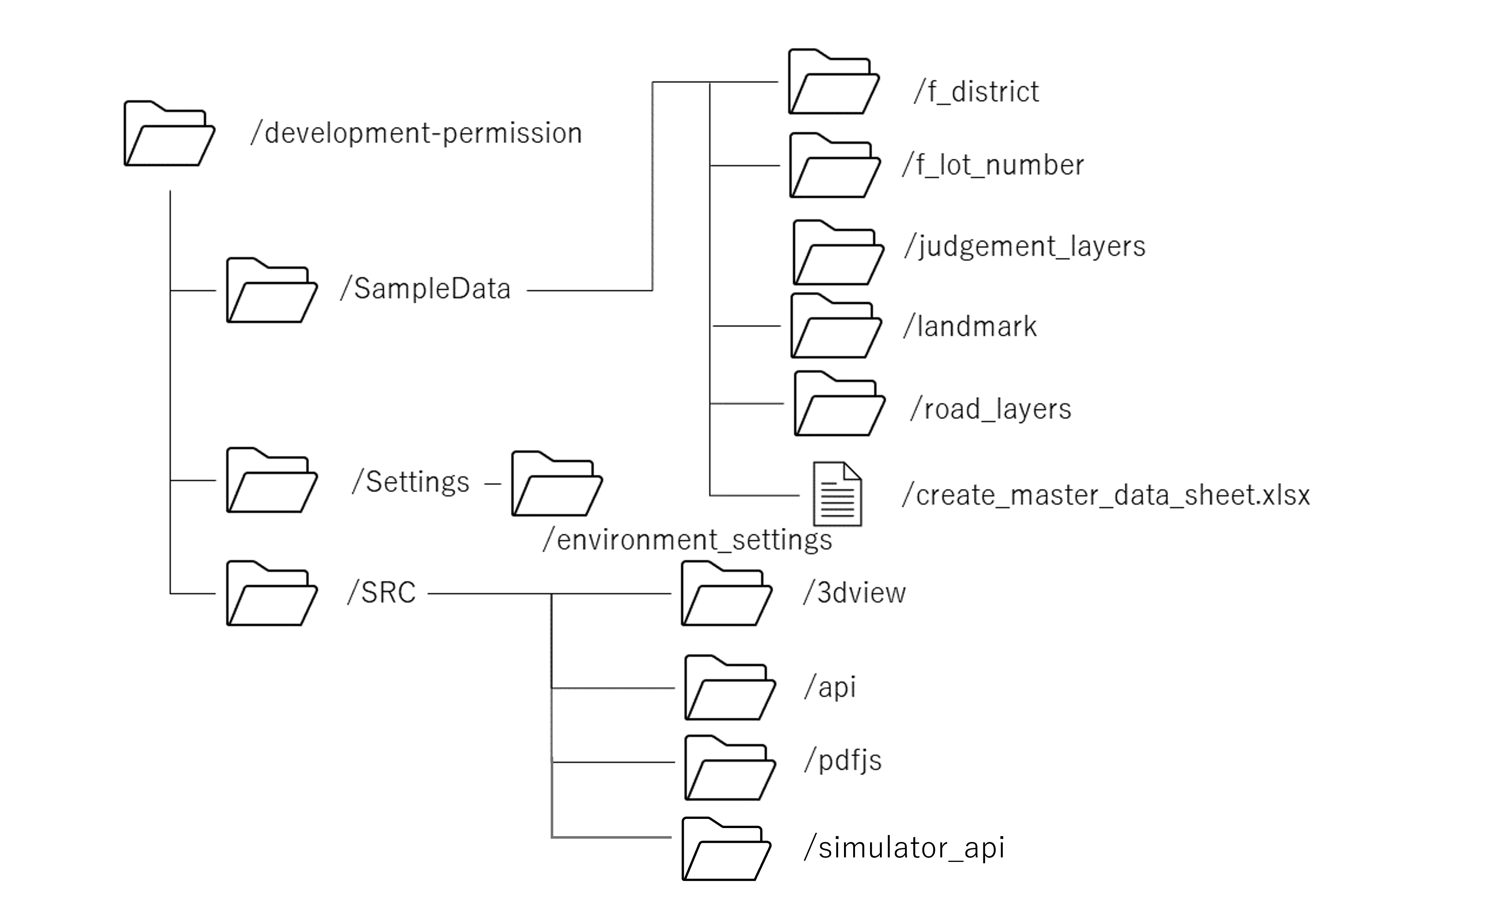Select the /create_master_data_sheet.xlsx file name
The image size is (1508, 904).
coord(1105,495)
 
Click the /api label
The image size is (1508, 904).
coord(830,687)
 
